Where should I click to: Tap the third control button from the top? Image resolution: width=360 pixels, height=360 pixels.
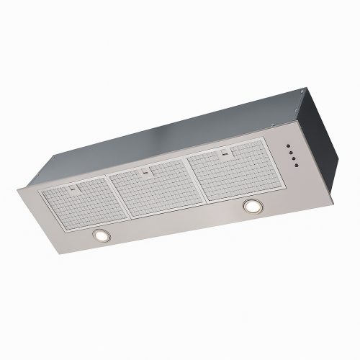tap(292, 158)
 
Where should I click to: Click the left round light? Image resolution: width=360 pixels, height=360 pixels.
tap(101, 235)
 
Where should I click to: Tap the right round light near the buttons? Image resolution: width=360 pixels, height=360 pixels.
tap(252, 207)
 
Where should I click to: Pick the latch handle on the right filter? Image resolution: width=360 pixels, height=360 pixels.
tap(225, 153)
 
